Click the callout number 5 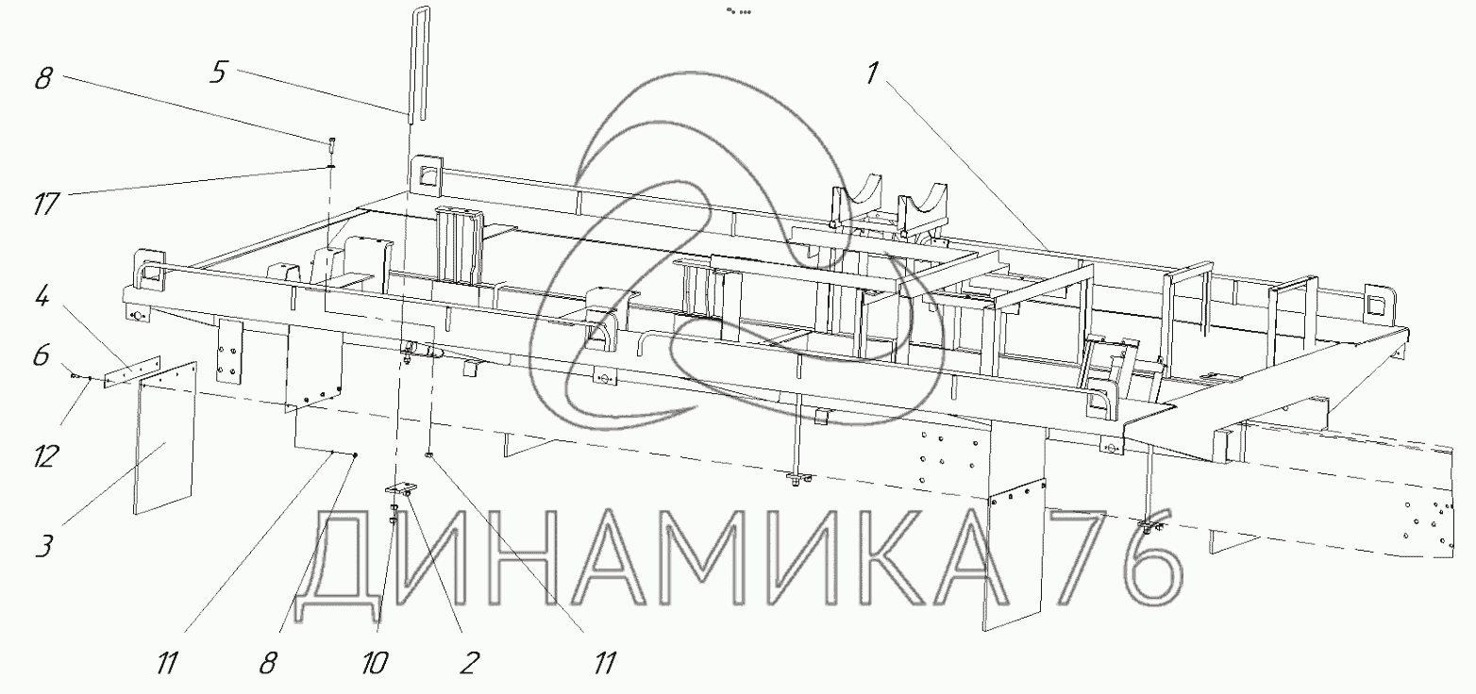click(219, 73)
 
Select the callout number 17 click(46, 204)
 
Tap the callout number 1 click(872, 74)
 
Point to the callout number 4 click(42, 297)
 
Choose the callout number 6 click(41, 356)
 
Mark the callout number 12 click(45, 456)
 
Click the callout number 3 click(43, 547)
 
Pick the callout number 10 click(375, 663)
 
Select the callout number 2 click(468, 663)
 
